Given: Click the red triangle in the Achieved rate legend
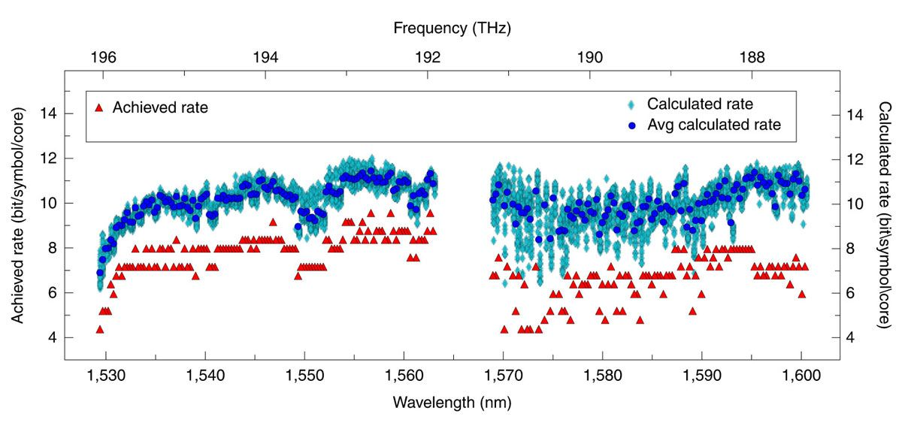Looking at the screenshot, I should click(x=98, y=107).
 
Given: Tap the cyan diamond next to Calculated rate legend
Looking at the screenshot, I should click(x=633, y=104).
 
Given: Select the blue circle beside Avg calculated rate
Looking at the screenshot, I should click(x=633, y=125).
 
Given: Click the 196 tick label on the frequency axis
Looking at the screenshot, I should click(x=103, y=56).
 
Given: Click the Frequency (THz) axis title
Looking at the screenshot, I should click(x=452, y=29).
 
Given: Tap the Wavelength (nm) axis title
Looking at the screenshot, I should click(x=452, y=402).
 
